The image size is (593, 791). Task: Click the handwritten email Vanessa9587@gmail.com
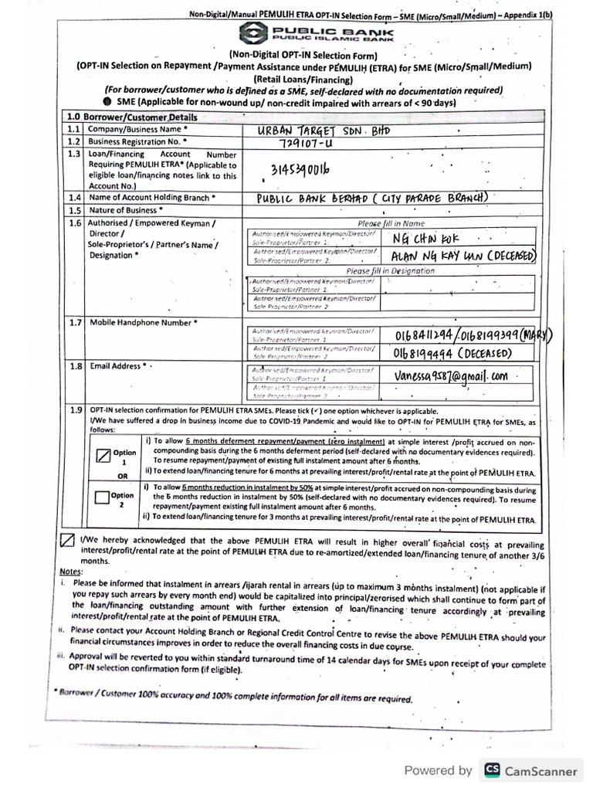tap(452, 376)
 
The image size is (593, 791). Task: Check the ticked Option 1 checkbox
tap(104, 455)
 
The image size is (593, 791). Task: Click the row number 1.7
tap(74, 321)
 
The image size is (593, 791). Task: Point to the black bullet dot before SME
tap(106, 102)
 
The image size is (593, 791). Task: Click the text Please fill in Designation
tap(391, 271)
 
